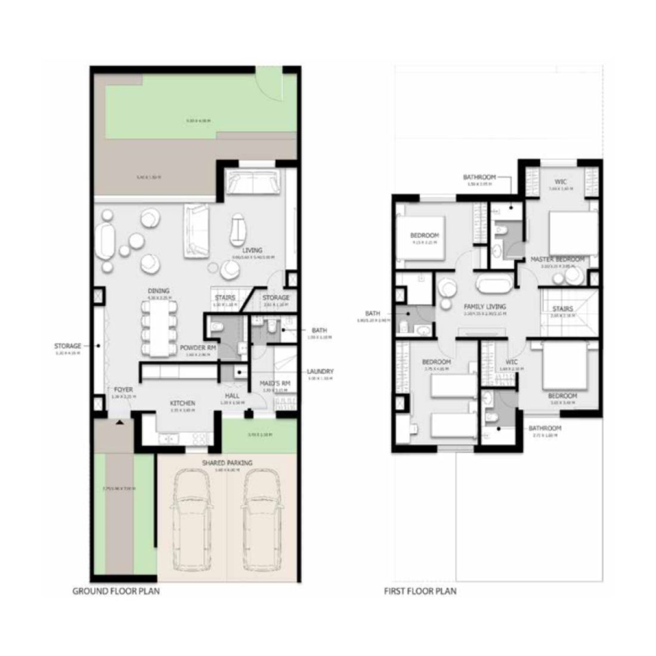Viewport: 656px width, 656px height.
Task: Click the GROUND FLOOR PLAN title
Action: (x=116, y=592)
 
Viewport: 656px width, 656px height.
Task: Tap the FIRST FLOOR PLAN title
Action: (x=420, y=592)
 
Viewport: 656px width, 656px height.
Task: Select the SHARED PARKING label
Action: (x=227, y=463)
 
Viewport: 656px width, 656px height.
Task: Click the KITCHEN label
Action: (x=182, y=403)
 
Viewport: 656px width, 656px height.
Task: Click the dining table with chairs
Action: (x=159, y=328)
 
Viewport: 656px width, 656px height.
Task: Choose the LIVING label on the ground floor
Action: (x=252, y=251)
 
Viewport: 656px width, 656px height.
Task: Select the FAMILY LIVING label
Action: (x=485, y=307)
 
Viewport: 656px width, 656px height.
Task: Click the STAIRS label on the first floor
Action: (x=562, y=309)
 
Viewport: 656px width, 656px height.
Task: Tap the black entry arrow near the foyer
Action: (x=120, y=423)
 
